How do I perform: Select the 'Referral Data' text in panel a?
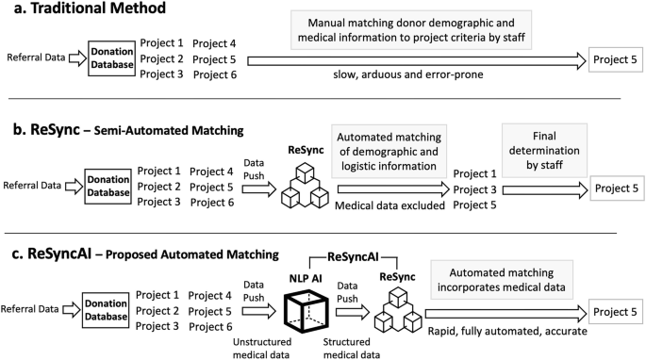click(x=35, y=58)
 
